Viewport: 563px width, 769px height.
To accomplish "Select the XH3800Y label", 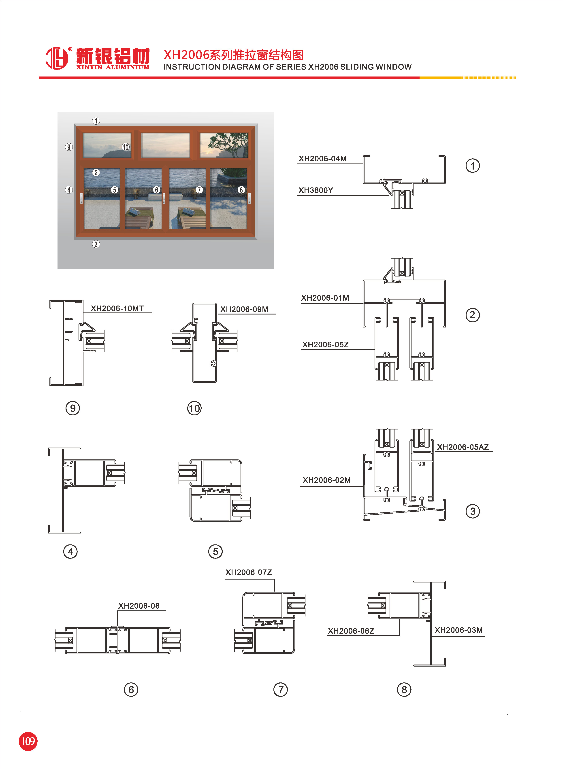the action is point(316,190).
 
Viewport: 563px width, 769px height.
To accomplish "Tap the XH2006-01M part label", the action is point(325,298).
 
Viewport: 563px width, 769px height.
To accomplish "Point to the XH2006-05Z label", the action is point(325,345).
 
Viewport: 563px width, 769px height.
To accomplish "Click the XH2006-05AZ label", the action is point(463,447).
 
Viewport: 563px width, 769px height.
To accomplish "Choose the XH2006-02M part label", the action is point(326,480).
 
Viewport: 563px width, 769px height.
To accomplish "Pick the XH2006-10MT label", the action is point(117,308).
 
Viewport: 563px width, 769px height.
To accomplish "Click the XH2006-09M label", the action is point(244,309).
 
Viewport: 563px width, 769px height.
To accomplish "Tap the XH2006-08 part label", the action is point(139,606).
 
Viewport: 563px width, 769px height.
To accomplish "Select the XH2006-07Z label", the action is point(248,572).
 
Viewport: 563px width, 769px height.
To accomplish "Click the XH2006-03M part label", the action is point(458,630).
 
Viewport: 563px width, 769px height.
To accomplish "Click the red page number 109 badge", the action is point(28,741).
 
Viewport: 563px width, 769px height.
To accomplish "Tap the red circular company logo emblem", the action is point(57,58).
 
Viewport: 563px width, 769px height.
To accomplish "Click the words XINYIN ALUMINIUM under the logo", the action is point(113,67).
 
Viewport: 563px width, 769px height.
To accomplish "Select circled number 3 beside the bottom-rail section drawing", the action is point(472,511).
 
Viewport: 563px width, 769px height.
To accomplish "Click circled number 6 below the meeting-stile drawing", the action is point(131,690).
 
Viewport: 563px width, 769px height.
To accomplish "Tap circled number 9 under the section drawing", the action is point(73,408).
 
